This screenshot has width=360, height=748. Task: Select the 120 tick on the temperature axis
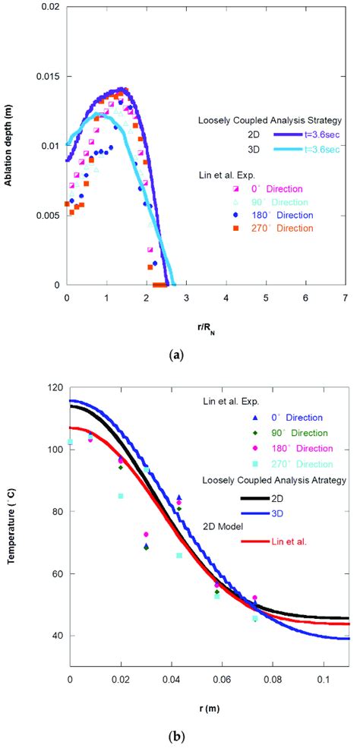(x=55, y=387)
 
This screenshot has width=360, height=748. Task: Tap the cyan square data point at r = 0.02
(x=121, y=496)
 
